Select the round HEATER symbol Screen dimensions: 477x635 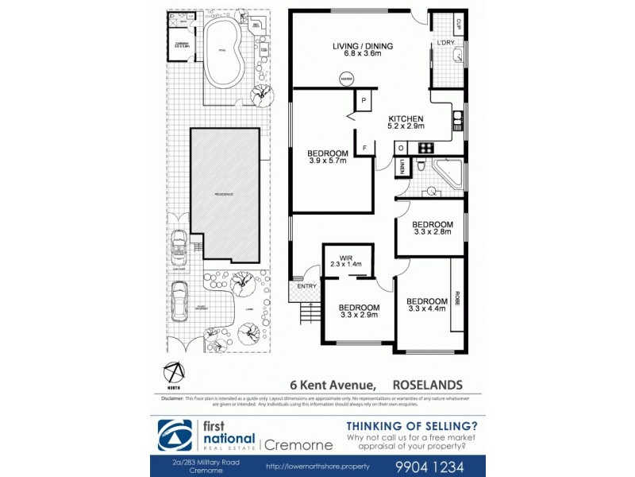(x=346, y=79)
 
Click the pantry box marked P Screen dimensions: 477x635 (x=364, y=102)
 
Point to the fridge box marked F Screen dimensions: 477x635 (x=364, y=148)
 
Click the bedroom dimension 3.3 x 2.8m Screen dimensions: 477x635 (x=432, y=233)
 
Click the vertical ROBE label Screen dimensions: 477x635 (x=457, y=298)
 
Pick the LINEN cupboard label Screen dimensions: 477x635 (x=402, y=168)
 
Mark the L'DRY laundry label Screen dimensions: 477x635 (x=445, y=43)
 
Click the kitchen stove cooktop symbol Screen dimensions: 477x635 (x=425, y=146)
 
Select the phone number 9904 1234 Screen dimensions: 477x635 (x=433, y=466)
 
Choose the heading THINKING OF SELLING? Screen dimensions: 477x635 (x=412, y=425)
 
